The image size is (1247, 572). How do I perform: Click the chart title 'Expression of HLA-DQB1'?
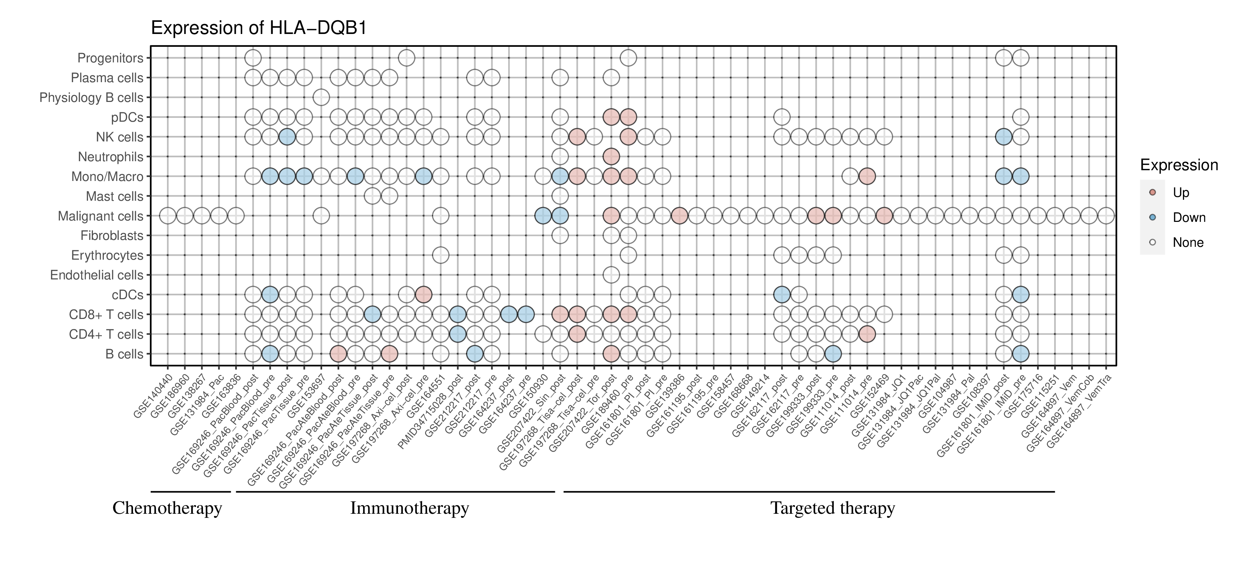(x=259, y=28)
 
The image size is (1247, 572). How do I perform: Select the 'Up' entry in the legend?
(x=1181, y=193)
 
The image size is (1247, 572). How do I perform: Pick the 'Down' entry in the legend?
(x=1188, y=217)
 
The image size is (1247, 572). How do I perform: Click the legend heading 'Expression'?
(x=1179, y=165)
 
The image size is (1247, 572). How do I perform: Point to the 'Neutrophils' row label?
(x=110, y=157)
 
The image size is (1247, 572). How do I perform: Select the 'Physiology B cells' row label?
(x=91, y=98)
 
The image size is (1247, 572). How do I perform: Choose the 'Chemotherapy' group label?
(x=167, y=508)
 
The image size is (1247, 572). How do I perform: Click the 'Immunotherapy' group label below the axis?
(x=409, y=508)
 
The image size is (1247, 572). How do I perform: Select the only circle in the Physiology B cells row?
(x=321, y=97)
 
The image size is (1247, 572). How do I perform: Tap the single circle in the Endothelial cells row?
(x=611, y=275)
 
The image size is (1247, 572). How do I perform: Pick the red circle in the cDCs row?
(x=424, y=294)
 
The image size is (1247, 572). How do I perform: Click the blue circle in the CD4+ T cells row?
(x=458, y=334)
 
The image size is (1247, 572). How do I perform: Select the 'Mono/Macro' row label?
(x=107, y=177)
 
